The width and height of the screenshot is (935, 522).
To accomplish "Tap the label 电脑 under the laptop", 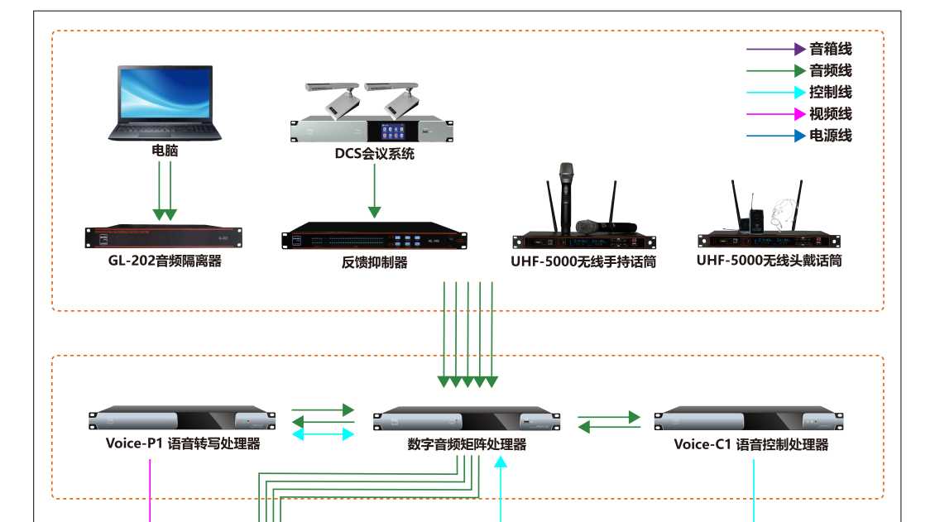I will tap(165, 151).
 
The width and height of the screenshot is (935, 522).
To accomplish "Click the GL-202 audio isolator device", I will tap(165, 237).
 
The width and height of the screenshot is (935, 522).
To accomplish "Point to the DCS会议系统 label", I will tap(374, 153).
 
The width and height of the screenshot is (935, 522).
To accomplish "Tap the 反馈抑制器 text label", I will tap(374, 263).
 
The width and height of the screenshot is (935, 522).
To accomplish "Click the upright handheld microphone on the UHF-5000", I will tap(566, 195).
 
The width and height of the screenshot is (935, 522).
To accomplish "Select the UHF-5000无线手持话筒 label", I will tap(584, 263).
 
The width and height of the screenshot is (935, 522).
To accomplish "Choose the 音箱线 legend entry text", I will tap(830, 50).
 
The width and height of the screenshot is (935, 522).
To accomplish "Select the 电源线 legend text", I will tap(830, 136).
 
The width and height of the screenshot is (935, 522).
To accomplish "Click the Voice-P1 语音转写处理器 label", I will tap(183, 443).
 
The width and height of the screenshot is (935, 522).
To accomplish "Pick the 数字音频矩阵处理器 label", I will tap(467, 444).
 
